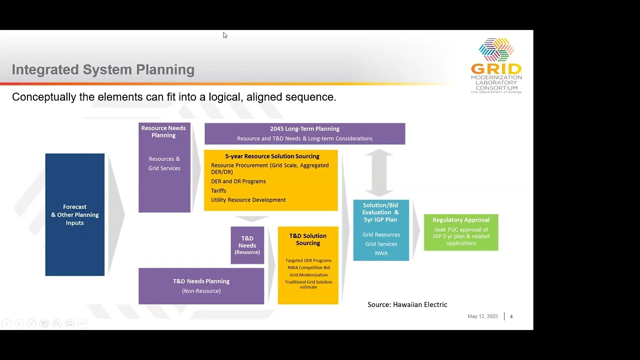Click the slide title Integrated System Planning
(103, 69)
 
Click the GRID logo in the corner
(496, 65)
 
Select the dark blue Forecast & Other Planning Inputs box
(75, 214)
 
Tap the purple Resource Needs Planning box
(164, 167)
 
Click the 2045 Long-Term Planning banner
(304, 133)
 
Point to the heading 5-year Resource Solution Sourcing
(272, 156)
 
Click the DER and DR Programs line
(238, 181)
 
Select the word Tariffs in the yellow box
(218, 190)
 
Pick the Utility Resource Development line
(248, 200)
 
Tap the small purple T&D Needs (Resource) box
(247, 245)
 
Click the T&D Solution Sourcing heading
(308, 239)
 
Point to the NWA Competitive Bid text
(308, 267)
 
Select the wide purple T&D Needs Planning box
(201, 286)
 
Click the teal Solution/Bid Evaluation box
(381, 230)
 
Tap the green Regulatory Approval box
(461, 232)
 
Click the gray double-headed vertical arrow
(379, 172)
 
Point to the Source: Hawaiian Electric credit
(407, 304)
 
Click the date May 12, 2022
(482, 316)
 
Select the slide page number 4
(511, 316)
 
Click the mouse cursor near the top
(225, 35)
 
